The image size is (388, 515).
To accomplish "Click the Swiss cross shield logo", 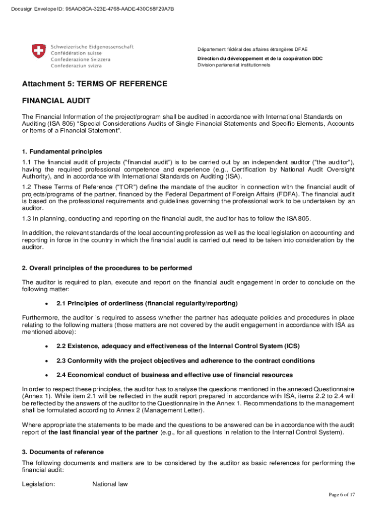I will coord(38,51).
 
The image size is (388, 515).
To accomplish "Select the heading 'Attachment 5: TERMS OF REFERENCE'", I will coord(94,83).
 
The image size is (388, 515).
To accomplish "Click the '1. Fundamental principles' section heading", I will coord(62,151).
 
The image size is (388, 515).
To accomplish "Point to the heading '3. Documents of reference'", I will coord(63,452).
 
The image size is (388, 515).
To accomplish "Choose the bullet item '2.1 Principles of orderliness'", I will coord(147,303).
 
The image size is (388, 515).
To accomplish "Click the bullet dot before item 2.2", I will coord(46,347).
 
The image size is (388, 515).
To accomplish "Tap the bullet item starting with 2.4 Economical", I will coord(174,375).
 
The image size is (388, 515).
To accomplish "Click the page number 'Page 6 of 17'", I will coord(342,495).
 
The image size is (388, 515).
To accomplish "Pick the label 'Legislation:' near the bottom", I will coord(39,484).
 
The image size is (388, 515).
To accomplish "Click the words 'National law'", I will coord(110,484).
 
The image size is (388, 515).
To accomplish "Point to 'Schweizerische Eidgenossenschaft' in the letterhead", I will coord(92,46).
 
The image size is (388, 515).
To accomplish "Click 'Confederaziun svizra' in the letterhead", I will coord(76,66).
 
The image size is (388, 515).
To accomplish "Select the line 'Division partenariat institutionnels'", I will coord(234,65).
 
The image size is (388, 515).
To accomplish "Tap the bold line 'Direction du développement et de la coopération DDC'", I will coord(260,58).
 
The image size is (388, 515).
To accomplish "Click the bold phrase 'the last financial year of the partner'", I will coord(105,433).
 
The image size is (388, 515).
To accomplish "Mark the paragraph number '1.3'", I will coord(27,218).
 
